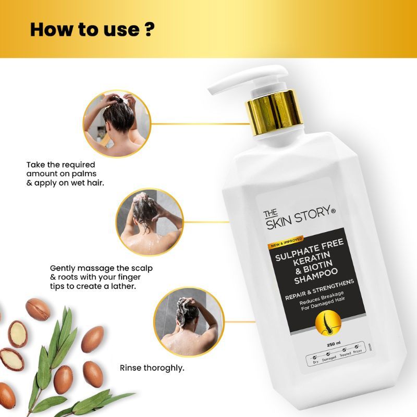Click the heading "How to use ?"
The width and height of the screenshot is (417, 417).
92,29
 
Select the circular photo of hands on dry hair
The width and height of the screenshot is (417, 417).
117,124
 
